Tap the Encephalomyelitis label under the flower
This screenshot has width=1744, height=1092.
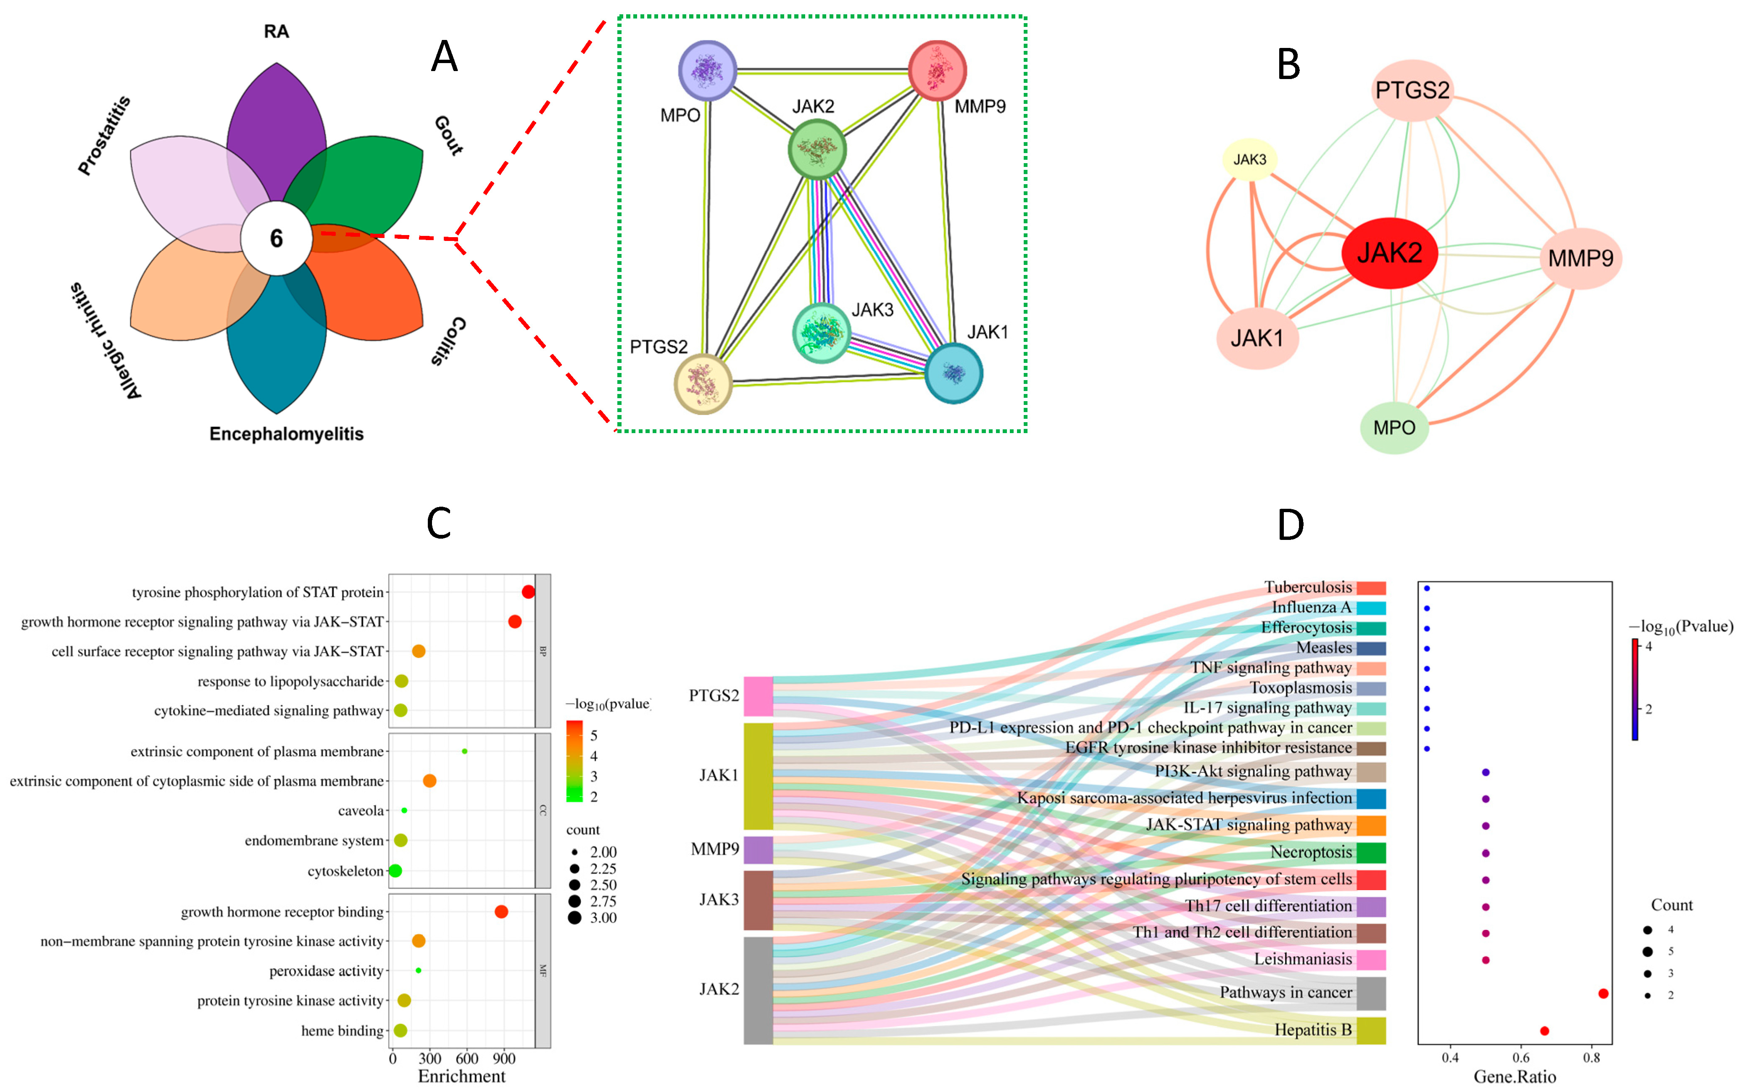(287, 434)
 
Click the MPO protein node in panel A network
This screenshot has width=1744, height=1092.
(707, 70)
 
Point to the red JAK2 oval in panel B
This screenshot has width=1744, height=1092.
(1390, 253)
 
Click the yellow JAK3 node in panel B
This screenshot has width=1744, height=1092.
(1249, 160)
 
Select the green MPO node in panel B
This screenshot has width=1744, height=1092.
(1394, 428)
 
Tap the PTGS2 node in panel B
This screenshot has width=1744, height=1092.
(1412, 90)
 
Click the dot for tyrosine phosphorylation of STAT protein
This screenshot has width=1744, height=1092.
(528, 592)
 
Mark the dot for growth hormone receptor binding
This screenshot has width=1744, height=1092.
(501, 912)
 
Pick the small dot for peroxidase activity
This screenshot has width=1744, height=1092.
(419, 970)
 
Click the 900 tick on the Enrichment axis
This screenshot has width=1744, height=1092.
(504, 1059)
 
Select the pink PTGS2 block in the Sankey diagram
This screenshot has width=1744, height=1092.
(758, 695)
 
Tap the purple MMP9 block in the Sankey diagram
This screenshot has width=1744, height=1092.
(758, 849)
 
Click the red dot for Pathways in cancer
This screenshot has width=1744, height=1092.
(1603, 994)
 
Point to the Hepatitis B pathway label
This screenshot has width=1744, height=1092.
(1312, 1030)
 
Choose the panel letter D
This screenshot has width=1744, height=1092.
(1291, 525)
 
